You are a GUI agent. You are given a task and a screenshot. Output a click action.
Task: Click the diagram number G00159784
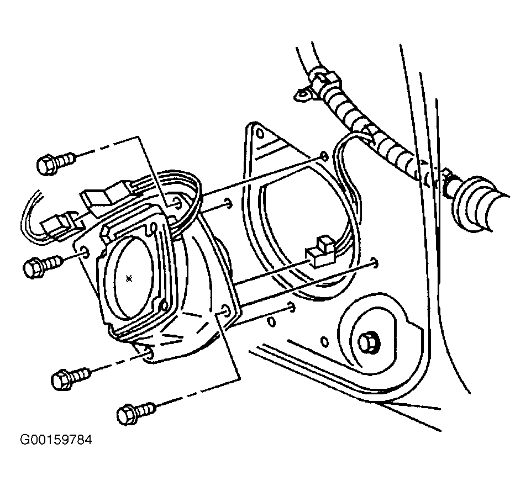pos(56,440)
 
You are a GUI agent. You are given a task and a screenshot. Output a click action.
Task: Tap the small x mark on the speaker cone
pos(129,279)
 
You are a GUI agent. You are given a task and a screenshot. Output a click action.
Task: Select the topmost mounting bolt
pos(56,162)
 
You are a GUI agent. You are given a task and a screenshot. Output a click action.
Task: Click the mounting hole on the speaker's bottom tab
pos(148,355)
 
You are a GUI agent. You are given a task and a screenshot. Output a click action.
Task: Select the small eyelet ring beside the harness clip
pos(303,94)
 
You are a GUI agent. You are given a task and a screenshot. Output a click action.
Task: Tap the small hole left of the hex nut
pos(324,342)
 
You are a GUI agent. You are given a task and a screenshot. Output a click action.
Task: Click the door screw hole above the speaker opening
pos(324,156)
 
